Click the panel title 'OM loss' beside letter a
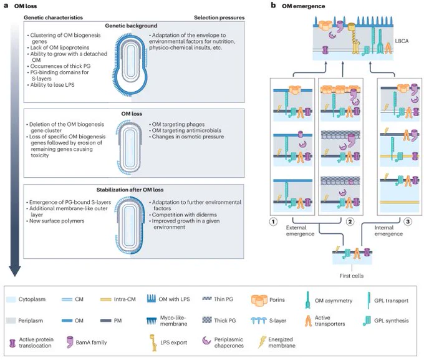click(x=26, y=6)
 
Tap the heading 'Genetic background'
click(x=131, y=26)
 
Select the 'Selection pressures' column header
click(x=219, y=17)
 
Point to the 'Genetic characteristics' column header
click(x=53, y=17)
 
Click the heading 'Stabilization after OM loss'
click(x=130, y=190)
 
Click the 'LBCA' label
click(x=402, y=41)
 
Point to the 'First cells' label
click(x=352, y=276)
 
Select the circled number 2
click(x=350, y=222)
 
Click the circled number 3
click(x=408, y=222)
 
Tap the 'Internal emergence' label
click(x=388, y=231)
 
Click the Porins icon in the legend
click(x=259, y=300)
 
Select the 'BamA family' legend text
click(x=92, y=343)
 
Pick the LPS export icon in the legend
click(x=153, y=343)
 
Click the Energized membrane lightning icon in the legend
click(x=261, y=342)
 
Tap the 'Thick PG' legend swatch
click(x=207, y=320)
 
